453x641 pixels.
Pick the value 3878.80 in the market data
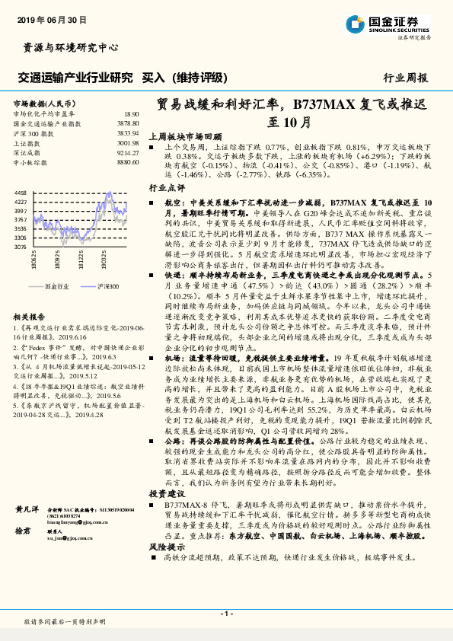point(128,123)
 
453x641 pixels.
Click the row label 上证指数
point(28,142)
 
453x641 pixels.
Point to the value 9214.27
point(128,152)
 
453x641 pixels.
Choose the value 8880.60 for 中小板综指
point(128,161)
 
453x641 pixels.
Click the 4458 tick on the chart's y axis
point(21,193)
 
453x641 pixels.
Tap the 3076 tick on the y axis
point(21,247)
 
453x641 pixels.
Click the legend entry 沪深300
point(107,286)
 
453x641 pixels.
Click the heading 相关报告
point(30,316)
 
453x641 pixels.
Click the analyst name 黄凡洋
point(27,507)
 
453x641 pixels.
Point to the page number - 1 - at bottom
point(226,613)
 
